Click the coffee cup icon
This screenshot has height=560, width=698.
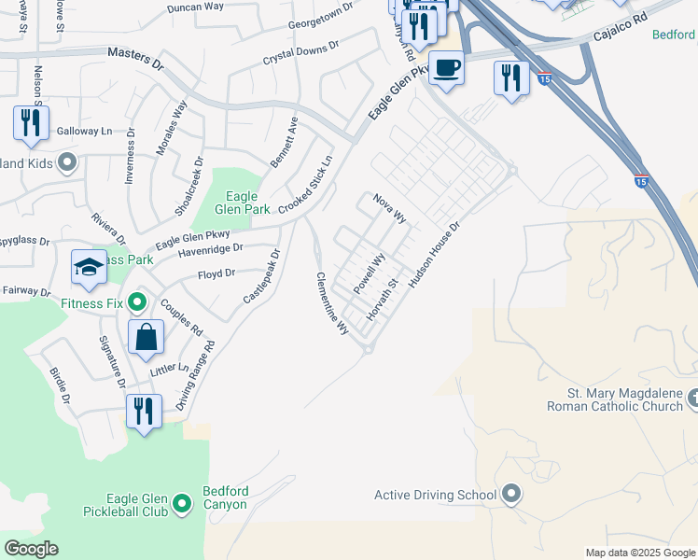pyautogui.click(x=447, y=68)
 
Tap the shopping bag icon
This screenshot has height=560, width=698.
pyautogui.click(x=147, y=337)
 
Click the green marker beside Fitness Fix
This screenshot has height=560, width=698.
pyautogui.click(x=137, y=302)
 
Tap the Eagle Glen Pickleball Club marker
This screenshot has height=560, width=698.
pyautogui.click(x=183, y=505)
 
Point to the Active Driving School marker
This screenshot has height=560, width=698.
pyautogui.click(x=510, y=494)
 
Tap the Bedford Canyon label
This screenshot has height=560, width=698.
pyautogui.click(x=225, y=498)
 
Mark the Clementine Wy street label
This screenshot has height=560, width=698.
pyautogui.click(x=331, y=303)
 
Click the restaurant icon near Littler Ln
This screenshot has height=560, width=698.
pyautogui.click(x=144, y=411)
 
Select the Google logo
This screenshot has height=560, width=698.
pyautogui.click(x=31, y=549)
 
